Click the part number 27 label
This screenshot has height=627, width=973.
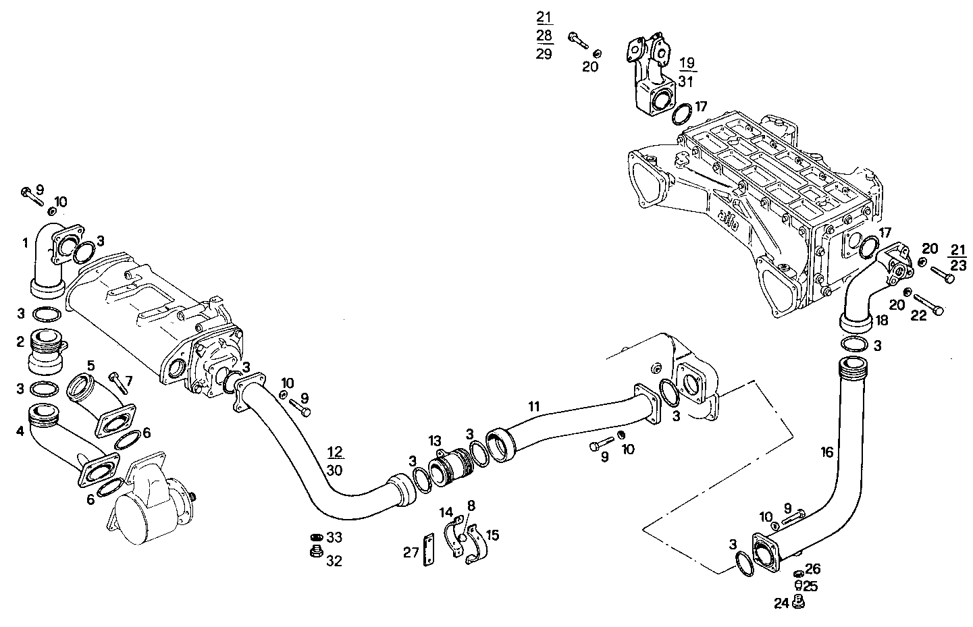tap(411, 552)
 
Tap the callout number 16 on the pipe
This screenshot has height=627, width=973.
tap(827, 453)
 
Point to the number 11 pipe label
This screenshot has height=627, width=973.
tap(534, 406)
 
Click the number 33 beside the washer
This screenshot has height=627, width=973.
tap(334, 538)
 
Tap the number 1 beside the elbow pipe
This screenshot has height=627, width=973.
tap(24, 242)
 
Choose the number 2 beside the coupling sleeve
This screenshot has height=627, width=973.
tap(20, 342)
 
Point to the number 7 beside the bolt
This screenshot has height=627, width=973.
tap(129, 381)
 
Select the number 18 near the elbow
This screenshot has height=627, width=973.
tap(882, 321)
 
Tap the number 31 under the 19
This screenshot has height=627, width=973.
tap(686, 81)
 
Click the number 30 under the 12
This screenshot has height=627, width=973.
tap(334, 470)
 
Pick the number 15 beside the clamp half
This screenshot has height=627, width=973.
tap(492, 535)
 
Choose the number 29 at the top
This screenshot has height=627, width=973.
tap(544, 54)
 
